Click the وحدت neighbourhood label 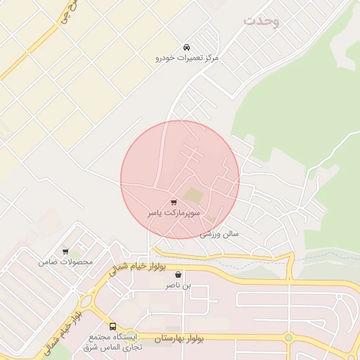(x=262, y=21)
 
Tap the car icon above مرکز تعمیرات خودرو (x=186, y=46)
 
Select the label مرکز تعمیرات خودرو (x=187, y=58)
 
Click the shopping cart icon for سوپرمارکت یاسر (x=174, y=202)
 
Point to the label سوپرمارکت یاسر (x=174, y=212)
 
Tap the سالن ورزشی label (x=219, y=232)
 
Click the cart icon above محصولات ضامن (x=65, y=251)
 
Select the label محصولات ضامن (x=65, y=262)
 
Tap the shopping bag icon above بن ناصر (x=178, y=275)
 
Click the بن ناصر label (x=178, y=286)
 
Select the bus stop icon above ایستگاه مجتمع (x=112, y=326)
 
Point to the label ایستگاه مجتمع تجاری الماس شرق (x=112, y=342)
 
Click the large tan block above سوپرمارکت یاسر (x=193, y=195)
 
